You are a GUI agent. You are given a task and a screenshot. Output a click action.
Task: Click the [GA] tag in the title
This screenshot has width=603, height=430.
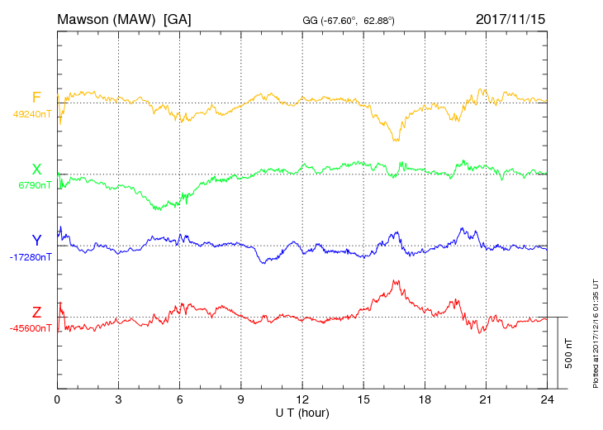[x=178, y=18]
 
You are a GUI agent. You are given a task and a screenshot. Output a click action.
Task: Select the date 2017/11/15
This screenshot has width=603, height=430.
[x=510, y=18]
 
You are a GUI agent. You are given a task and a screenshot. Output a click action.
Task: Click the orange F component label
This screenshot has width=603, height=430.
[x=36, y=98]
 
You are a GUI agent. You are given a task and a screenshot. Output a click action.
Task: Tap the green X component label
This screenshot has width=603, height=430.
[x=36, y=169]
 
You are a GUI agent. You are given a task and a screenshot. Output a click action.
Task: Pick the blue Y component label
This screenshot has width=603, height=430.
[x=36, y=241]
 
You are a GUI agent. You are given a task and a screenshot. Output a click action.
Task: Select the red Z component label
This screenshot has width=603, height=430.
[x=36, y=312]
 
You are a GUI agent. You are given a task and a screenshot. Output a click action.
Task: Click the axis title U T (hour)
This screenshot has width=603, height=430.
[x=302, y=412]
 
